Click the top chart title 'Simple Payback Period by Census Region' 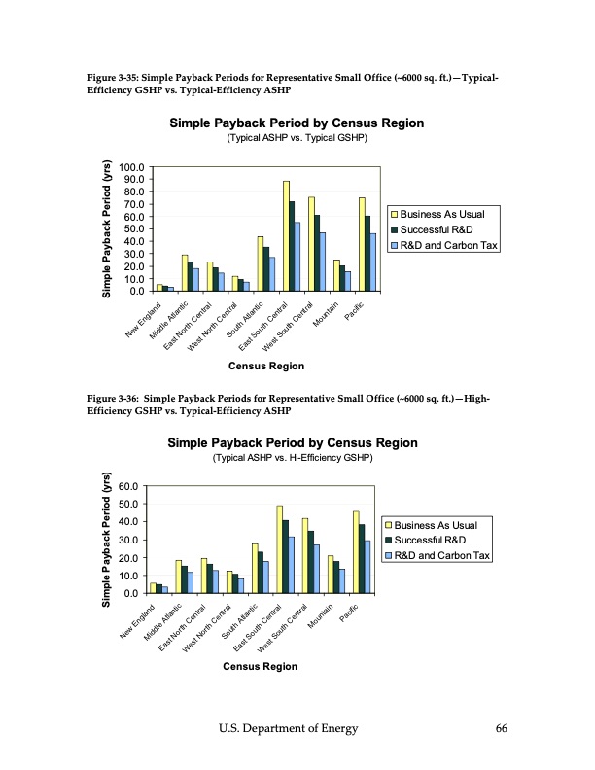click(x=297, y=124)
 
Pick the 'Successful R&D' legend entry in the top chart click(x=440, y=229)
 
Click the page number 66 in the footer click(x=501, y=728)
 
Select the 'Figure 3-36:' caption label click(x=117, y=399)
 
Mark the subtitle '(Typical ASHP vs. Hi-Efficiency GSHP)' click(x=293, y=457)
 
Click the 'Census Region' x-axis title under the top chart click(x=265, y=367)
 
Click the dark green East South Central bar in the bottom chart click(x=285, y=556)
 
